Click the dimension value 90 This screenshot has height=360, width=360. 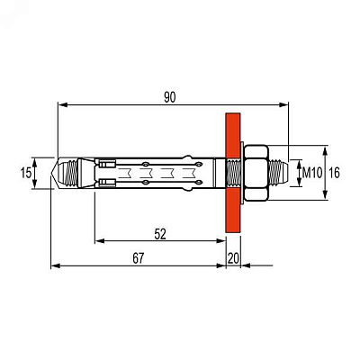170,97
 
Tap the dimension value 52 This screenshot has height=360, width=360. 160,234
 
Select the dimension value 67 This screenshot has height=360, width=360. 139,258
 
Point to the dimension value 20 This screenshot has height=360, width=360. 233,258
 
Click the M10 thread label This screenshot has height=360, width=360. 312,173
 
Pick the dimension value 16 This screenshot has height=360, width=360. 334,173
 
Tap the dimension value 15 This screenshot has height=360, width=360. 26,173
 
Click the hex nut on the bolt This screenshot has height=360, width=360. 256,173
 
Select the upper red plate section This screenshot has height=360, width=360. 233,135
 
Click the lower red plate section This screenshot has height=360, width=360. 233,210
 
